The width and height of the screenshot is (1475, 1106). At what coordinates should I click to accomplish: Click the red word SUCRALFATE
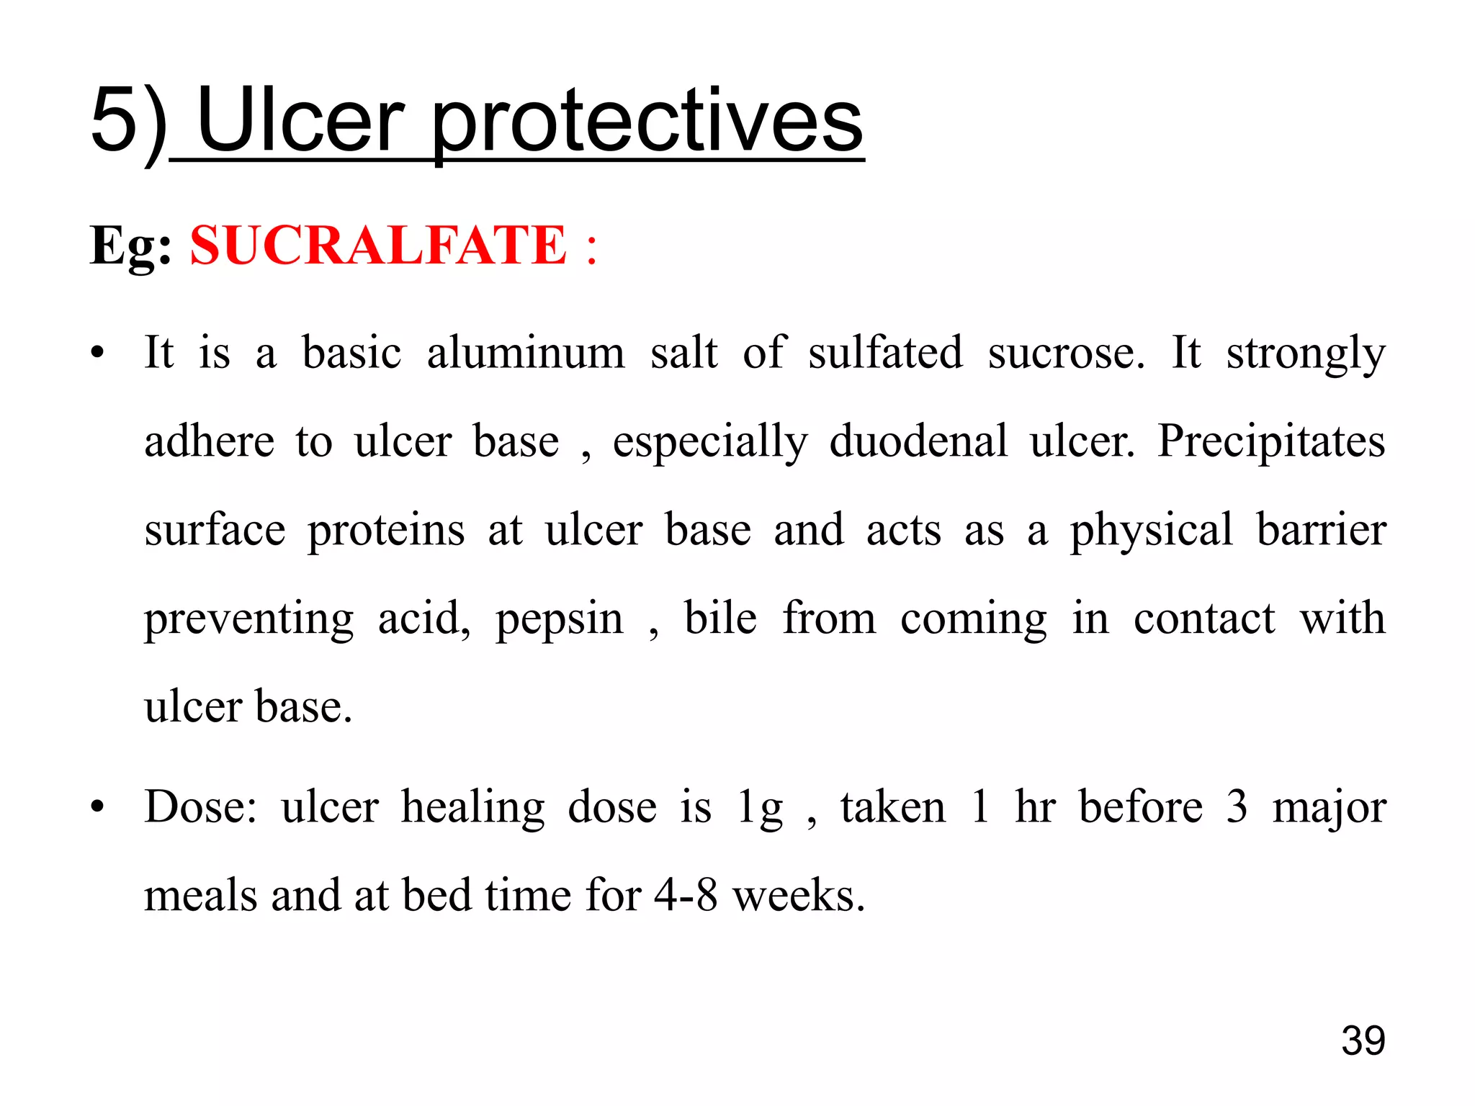pos(378,246)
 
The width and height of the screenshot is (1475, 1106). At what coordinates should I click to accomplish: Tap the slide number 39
pos(1363,1040)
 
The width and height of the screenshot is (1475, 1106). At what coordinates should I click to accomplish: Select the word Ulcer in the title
pos(300,121)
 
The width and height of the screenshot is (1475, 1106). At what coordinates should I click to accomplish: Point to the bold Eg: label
pos(130,246)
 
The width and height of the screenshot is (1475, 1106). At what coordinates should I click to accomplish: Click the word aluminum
pos(526,353)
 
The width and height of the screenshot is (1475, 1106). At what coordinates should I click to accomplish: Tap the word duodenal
pos(918,441)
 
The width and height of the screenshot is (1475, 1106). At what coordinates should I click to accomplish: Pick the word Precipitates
pos(1271,441)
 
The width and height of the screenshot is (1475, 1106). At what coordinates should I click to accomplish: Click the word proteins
pos(386,531)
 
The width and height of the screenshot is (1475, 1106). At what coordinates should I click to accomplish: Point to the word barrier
pos(1321,530)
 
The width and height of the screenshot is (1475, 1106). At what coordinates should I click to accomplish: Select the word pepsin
pos(560,619)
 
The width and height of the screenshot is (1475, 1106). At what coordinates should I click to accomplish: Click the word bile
pos(720,618)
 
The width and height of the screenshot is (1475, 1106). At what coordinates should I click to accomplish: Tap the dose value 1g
pos(760,808)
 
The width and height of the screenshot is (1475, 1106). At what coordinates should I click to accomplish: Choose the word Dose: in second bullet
pos(200,806)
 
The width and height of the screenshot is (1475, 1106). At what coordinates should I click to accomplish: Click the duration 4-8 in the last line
pos(686,896)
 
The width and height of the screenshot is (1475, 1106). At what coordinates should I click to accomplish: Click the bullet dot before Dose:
pos(97,806)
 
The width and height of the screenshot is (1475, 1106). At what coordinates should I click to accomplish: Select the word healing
pos(472,808)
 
